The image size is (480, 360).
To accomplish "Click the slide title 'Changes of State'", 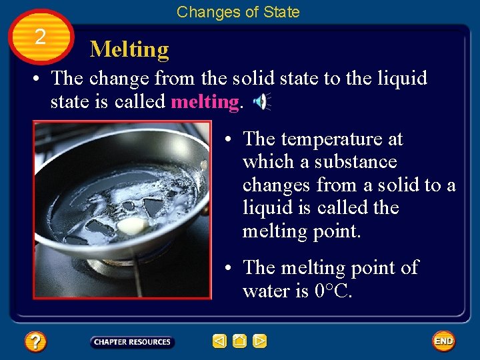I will click(x=238, y=12).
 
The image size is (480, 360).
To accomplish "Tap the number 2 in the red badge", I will click(x=40, y=37).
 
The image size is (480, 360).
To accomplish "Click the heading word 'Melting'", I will click(x=129, y=49).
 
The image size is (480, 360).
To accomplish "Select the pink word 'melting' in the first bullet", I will click(x=205, y=102).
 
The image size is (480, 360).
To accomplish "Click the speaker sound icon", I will click(x=261, y=101).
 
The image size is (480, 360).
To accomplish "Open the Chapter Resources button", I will click(x=132, y=342).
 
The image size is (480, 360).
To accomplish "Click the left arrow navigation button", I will click(x=219, y=341).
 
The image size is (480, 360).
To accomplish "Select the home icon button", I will click(x=239, y=341).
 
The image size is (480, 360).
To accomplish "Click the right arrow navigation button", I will click(x=259, y=341).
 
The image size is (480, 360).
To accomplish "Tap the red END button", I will click(x=443, y=341).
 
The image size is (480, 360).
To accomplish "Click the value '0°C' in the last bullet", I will click(x=332, y=291).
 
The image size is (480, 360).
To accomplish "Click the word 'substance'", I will click(x=355, y=162).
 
